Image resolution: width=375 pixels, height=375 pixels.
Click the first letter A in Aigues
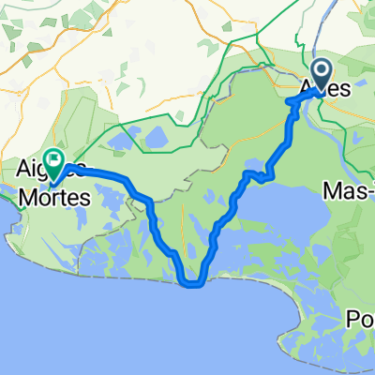pyautogui.click(x=22, y=170)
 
